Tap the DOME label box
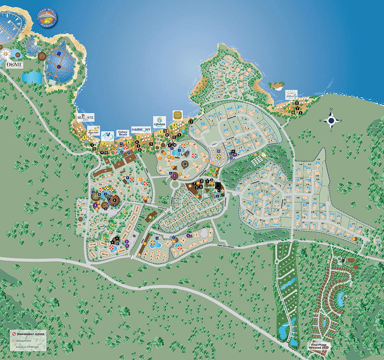(x=15, y=65)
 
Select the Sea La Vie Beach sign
(x=86, y=118)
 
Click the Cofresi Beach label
(x=123, y=133)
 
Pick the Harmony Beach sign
(x=141, y=130)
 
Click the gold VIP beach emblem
(x=178, y=115)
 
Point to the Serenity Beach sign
(x=292, y=95)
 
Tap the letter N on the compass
(x=331, y=109)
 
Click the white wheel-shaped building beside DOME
(x=5, y=53)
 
